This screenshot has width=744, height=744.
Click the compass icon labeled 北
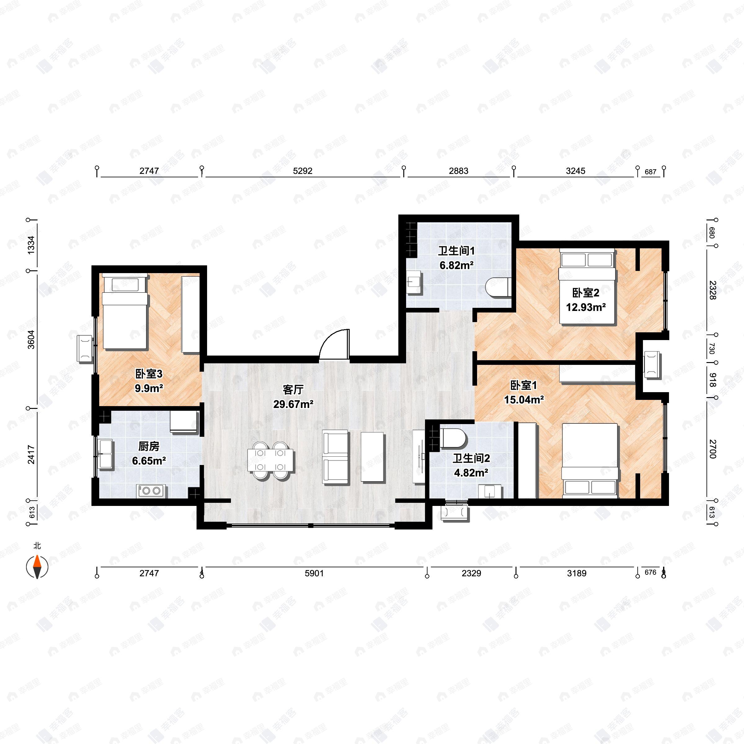point(37,567)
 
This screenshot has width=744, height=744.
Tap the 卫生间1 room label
point(456,251)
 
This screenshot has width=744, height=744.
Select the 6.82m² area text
point(456,265)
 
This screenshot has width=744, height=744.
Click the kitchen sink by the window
point(106,454)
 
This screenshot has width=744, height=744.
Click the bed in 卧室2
point(587,287)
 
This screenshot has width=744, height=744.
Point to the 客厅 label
point(293,390)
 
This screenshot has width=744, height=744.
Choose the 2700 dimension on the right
point(712,449)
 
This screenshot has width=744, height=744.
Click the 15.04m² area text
point(524,400)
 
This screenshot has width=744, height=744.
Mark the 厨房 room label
point(149,446)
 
